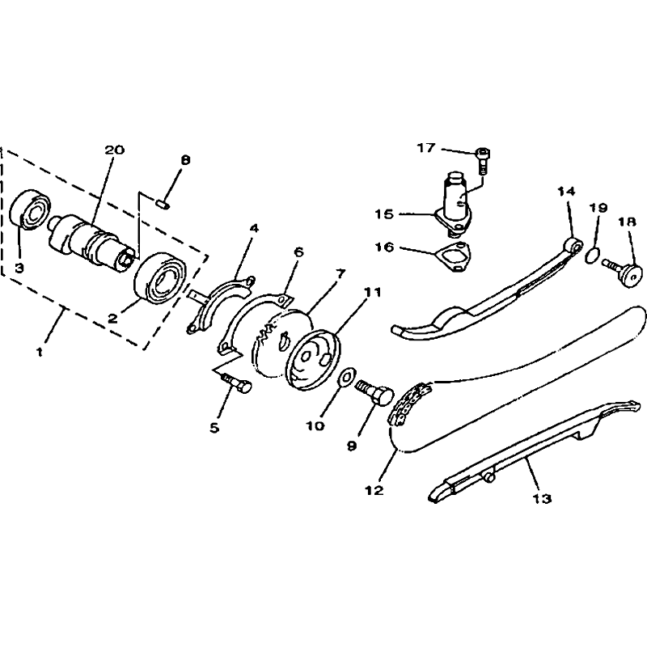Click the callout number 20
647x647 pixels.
(x=114, y=150)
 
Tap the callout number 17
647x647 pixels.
(x=426, y=147)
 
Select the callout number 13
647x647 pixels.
(x=542, y=498)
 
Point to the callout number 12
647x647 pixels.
(x=374, y=490)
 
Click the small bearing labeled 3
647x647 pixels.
(x=31, y=209)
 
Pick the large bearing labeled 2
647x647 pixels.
(x=161, y=277)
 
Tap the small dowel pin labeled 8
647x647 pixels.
(x=163, y=203)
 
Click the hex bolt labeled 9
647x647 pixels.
(x=374, y=391)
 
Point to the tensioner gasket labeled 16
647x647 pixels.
(x=454, y=257)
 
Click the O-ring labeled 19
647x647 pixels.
(x=592, y=255)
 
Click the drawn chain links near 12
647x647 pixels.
(x=410, y=404)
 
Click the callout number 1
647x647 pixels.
(x=39, y=352)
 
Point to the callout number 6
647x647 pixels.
(x=298, y=252)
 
